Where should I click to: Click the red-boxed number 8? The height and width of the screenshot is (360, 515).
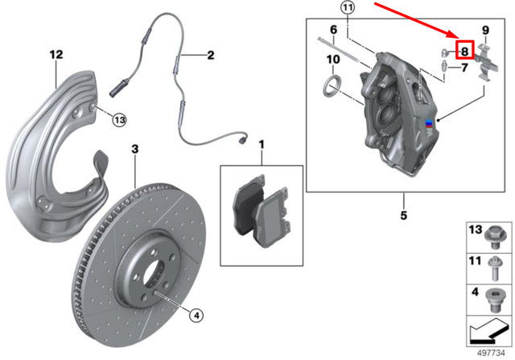(463, 50)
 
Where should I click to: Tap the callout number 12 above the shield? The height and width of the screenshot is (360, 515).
(55, 55)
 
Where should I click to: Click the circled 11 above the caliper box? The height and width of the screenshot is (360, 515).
(347, 9)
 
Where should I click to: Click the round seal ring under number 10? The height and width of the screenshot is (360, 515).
(330, 85)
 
